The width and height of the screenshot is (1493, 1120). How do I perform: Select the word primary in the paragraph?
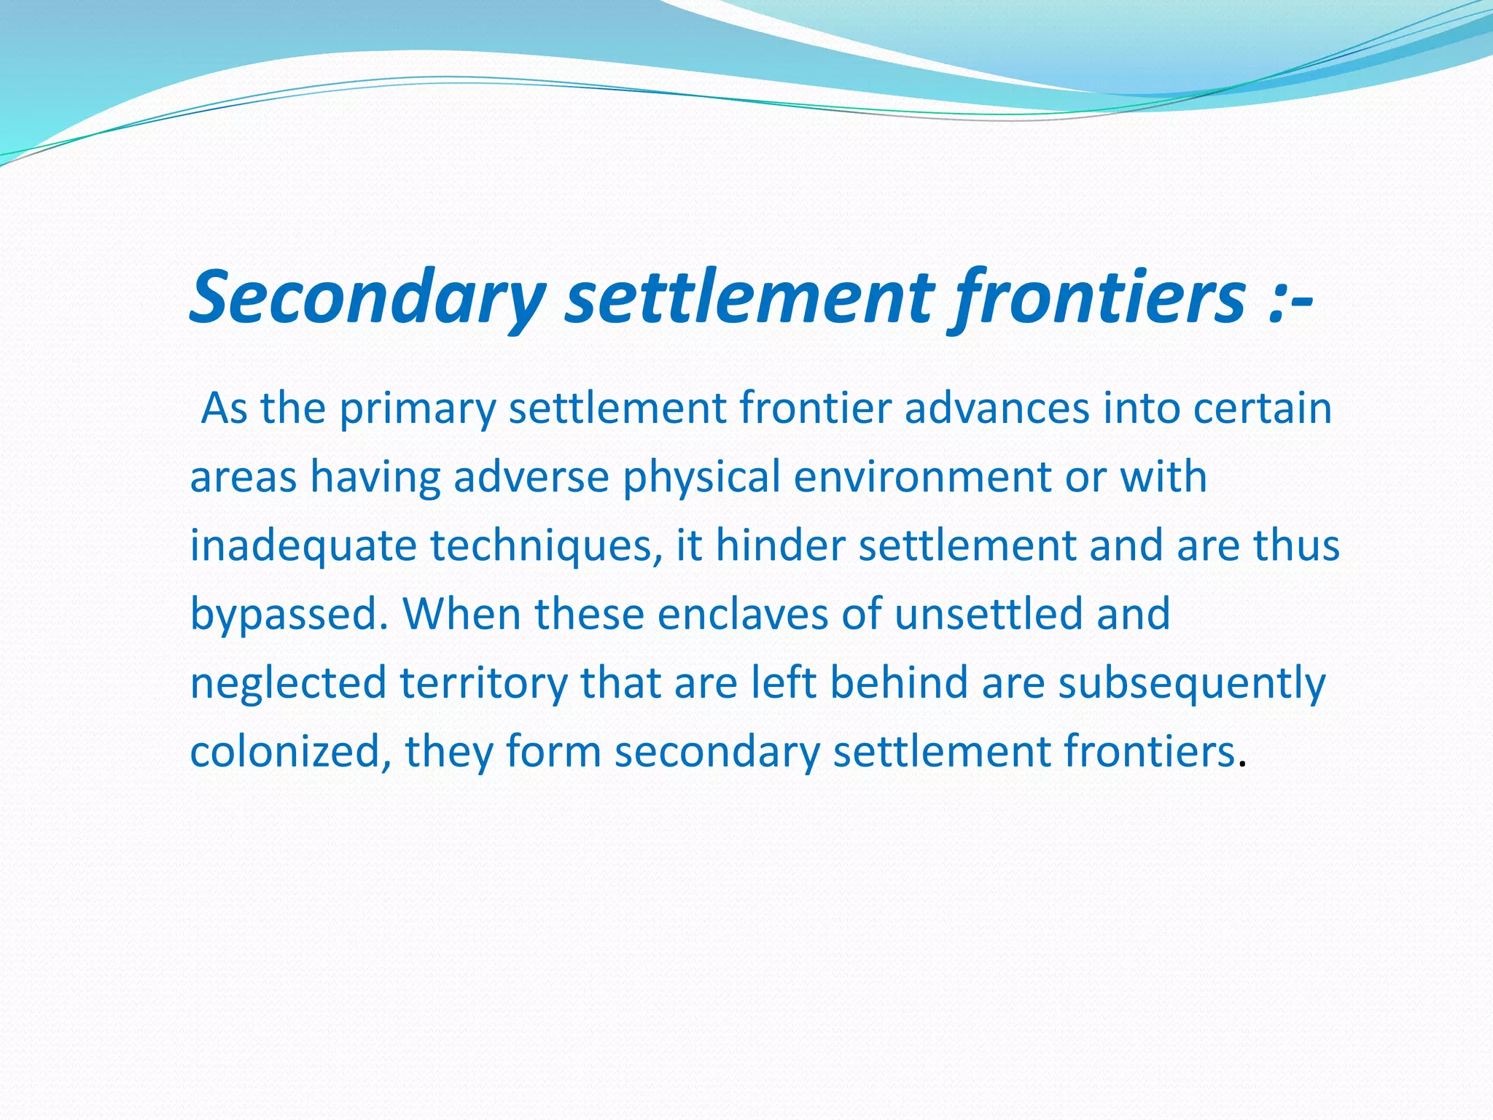tap(417, 408)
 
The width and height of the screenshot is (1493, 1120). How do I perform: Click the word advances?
tap(997, 408)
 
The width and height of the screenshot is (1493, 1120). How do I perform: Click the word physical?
tap(701, 478)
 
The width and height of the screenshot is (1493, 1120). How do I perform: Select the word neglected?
tap(288, 684)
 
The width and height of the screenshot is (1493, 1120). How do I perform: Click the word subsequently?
tap(1191, 684)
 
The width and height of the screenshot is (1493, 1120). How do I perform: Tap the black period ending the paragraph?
tap(1242, 764)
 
